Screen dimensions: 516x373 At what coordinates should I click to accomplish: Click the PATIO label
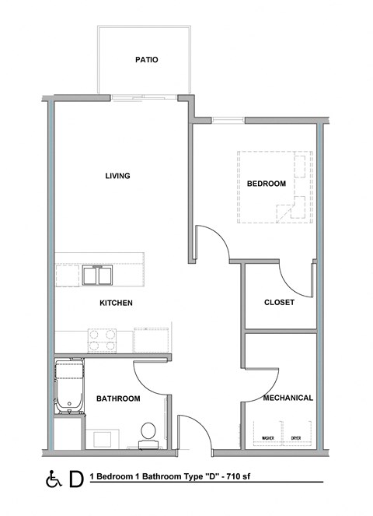(x=147, y=59)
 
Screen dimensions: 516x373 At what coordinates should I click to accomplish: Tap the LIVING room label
(x=117, y=176)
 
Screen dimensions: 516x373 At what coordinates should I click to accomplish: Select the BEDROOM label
(x=267, y=184)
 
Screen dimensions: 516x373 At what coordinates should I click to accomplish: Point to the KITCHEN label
(x=116, y=303)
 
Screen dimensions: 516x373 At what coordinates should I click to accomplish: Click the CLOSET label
(x=279, y=303)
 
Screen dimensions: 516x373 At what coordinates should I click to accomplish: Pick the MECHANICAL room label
(x=288, y=398)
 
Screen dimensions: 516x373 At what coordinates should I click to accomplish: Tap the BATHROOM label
(x=118, y=398)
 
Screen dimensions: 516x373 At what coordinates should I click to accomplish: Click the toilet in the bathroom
(x=148, y=433)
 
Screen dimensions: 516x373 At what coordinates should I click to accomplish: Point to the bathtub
(x=69, y=386)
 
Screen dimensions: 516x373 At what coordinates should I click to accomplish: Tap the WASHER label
(x=270, y=438)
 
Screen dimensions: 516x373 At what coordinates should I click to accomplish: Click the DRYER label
(x=296, y=438)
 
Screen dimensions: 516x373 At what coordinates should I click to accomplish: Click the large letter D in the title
(x=75, y=477)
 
